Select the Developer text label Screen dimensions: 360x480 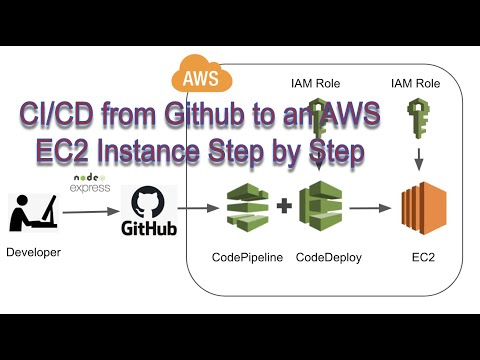tap(34, 253)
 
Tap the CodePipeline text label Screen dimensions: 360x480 tap(247, 257)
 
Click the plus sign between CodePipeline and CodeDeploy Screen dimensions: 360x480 tap(284, 208)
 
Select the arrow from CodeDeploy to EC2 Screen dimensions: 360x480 tap(370, 209)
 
